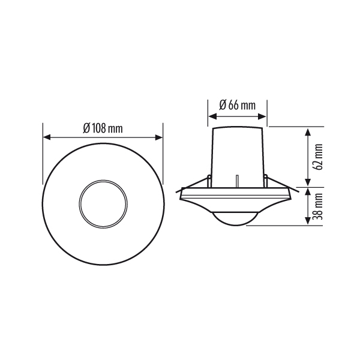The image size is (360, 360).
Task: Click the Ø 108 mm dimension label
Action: [103, 128]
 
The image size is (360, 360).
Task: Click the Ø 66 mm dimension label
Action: [237, 105]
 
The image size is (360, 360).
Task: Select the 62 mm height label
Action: [319, 157]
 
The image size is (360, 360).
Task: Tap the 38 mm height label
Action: [319, 206]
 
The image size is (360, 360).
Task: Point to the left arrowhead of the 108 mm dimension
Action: [47, 137]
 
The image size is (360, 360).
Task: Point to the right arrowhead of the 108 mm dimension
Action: [159, 137]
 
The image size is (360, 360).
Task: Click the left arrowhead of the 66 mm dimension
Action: [212, 116]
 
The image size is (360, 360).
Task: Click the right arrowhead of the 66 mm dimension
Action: [262, 116]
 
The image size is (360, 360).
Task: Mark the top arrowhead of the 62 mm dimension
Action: [308, 133]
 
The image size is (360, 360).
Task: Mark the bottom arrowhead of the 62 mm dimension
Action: [308, 182]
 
